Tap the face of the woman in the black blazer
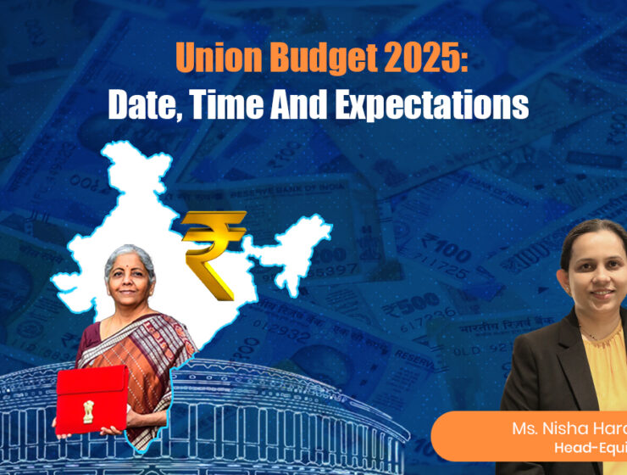(594, 274)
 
